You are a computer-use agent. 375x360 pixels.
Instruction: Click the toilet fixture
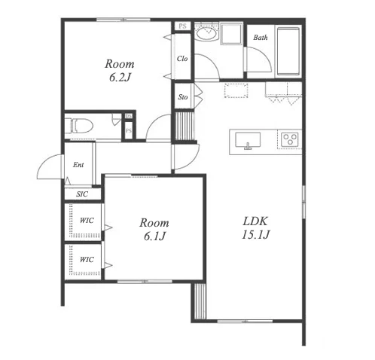[79, 126]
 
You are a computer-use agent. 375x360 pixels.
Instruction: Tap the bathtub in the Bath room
[288, 51]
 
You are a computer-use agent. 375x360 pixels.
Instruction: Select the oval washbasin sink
[206, 33]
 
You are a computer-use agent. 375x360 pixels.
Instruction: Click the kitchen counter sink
[248, 140]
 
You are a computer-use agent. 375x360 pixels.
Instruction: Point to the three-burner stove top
[290, 139]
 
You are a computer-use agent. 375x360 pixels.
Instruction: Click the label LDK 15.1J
[255, 228]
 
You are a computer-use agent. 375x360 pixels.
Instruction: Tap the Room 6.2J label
[120, 70]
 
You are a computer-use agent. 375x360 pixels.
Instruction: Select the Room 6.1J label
[154, 229]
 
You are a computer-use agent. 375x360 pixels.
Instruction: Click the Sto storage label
[183, 97]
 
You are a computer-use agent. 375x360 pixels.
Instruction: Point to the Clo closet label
[182, 59]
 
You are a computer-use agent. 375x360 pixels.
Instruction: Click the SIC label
[82, 194]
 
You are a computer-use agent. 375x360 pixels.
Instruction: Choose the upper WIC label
[87, 221]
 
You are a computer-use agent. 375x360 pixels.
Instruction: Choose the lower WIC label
[87, 259]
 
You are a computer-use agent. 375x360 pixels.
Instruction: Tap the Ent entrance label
[78, 165]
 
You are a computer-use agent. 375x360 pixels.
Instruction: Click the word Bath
[261, 38]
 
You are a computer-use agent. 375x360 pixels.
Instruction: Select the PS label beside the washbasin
[183, 26]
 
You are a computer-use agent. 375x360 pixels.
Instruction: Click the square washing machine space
[231, 34]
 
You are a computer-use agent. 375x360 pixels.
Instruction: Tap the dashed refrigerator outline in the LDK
[236, 90]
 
